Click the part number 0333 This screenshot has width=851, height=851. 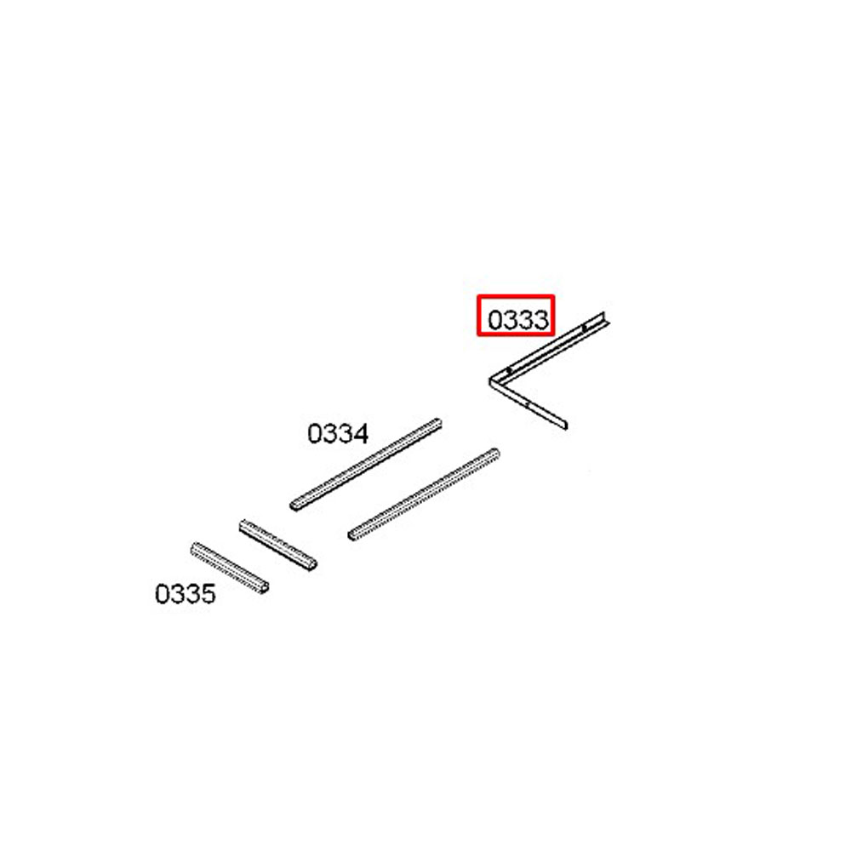pyautogui.click(x=518, y=320)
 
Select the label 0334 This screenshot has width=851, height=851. pyautogui.click(x=338, y=434)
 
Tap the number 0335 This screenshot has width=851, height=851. pyautogui.click(x=185, y=594)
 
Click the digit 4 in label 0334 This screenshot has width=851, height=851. pyautogui.click(x=361, y=434)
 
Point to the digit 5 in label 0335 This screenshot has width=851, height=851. pyautogui.click(x=208, y=594)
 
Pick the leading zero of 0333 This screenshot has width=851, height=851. pyautogui.click(x=495, y=320)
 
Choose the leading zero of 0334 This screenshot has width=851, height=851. pyautogui.click(x=315, y=434)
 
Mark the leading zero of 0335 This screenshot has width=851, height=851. pyautogui.click(x=162, y=594)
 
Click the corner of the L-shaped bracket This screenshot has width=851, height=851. pyautogui.click(x=490, y=380)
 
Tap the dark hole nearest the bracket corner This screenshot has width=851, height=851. pyautogui.click(x=509, y=371)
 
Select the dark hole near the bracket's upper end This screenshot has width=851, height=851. pyautogui.click(x=584, y=328)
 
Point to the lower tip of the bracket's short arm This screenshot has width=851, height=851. pyautogui.click(x=566, y=426)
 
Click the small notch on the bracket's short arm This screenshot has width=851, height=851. pyautogui.click(x=528, y=403)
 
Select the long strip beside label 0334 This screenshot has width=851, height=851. pyautogui.click(x=365, y=464)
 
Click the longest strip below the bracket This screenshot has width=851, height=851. pyautogui.click(x=424, y=494)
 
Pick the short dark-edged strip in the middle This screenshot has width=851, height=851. pyautogui.click(x=278, y=545)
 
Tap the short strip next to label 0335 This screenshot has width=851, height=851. pyautogui.click(x=230, y=568)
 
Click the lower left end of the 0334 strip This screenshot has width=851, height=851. pyautogui.click(x=293, y=505)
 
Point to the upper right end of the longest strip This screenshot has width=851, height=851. pyautogui.click(x=496, y=452)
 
